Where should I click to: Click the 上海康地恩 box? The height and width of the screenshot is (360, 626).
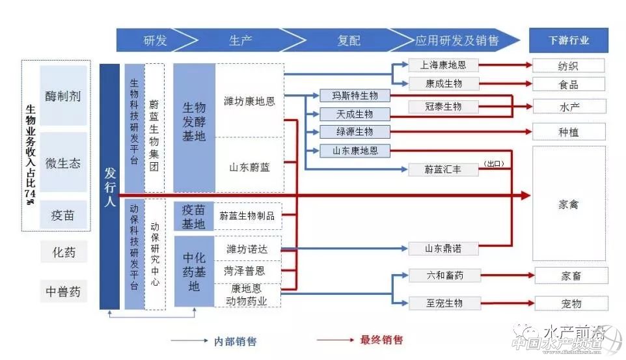[x=443, y=65]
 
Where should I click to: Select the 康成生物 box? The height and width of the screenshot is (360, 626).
[x=443, y=84]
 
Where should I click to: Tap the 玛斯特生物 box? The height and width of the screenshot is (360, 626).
[x=355, y=96]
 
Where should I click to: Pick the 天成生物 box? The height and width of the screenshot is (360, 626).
[x=355, y=114]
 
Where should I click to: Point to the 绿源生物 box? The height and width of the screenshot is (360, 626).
[x=355, y=132]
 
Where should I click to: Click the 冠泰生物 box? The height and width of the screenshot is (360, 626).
[x=443, y=106]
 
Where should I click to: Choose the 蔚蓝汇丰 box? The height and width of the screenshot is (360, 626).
[x=443, y=169]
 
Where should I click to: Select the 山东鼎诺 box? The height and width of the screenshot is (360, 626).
[x=443, y=249]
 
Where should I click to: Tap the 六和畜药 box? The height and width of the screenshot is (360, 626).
[x=443, y=276]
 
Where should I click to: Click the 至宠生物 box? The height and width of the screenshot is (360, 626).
[x=443, y=303]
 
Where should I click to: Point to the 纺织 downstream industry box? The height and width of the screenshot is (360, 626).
[x=568, y=66]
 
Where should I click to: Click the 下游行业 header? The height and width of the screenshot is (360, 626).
[x=568, y=40]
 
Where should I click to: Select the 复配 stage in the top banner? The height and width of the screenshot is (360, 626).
[x=349, y=40]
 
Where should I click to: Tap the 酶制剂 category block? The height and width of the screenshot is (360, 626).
[x=63, y=96]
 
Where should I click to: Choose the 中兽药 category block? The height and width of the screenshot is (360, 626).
[x=63, y=292]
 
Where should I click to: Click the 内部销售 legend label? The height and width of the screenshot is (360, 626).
[x=235, y=340]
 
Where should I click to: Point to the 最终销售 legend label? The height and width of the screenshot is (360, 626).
[x=381, y=340]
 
